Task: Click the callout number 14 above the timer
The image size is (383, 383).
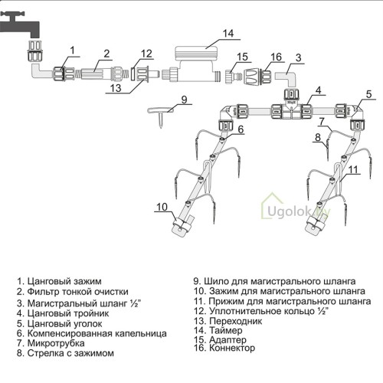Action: click(228, 34)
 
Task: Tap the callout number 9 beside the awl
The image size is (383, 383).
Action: click(184, 100)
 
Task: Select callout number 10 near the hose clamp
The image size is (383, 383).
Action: click(162, 207)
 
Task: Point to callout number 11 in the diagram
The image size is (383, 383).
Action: click(353, 169)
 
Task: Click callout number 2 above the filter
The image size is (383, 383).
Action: click(106, 54)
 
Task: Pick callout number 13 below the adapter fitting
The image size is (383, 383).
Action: click(116, 88)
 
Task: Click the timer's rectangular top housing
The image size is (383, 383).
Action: click(196, 54)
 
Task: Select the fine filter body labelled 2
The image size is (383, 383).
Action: click(97, 74)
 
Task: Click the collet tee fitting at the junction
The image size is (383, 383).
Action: click(292, 106)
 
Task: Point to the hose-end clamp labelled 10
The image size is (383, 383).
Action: click(182, 225)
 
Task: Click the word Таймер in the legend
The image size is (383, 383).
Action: click(226, 331)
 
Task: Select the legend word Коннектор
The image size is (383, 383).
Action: click(232, 348)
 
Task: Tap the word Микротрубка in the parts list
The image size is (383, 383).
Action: click(56, 343)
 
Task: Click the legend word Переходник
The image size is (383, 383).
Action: click(236, 321)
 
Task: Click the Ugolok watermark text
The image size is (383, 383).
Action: click(298, 212)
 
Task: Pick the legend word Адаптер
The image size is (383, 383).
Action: click(228, 340)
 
